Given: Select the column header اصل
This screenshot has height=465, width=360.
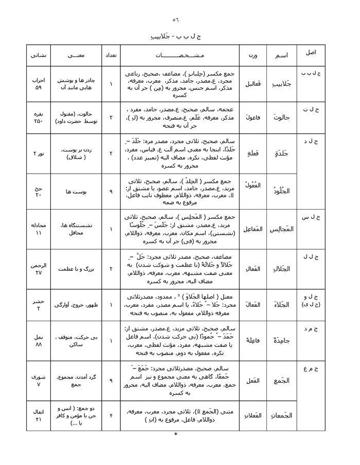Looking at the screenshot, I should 311,53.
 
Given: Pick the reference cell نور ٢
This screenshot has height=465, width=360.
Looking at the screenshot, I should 39,154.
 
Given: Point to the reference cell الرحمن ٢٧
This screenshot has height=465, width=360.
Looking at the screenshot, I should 39,269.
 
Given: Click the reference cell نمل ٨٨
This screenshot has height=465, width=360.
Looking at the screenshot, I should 39,340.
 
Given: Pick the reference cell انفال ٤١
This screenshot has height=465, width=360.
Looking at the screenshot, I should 39,415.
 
